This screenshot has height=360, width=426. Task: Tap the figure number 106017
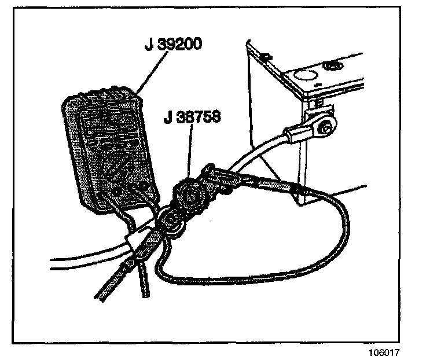383,352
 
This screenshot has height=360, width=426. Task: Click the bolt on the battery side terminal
325,123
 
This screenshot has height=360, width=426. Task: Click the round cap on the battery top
334,66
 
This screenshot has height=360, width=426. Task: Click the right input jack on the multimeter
141,186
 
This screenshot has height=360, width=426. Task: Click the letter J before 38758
167,117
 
